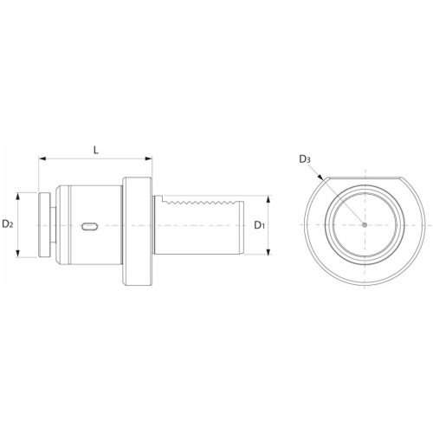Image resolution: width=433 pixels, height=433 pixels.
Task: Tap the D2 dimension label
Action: pyautogui.click(x=8, y=224)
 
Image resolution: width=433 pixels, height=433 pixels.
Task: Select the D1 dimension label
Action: pyautogui.click(x=259, y=225)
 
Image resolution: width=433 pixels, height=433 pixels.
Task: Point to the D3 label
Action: pyautogui.click(x=304, y=158)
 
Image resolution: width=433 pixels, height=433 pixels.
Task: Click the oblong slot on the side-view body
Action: pyautogui.click(x=88, y=226)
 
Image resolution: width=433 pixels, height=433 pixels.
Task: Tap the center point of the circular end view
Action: pyautogui.click(x=365, y=225)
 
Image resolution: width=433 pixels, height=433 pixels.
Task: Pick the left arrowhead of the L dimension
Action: pyautogui.click(x=40, y=159)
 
